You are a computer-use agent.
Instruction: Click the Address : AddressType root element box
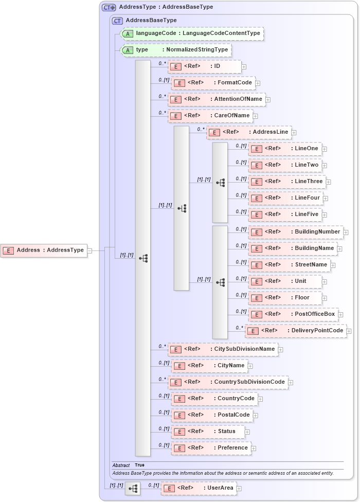44,250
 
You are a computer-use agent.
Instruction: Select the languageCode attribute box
191,34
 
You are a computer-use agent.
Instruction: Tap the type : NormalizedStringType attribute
175,50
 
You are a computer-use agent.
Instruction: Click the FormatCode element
212,83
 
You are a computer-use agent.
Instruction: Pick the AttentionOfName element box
216,99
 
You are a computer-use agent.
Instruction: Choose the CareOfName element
210,116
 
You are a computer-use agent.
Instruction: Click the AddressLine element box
249,132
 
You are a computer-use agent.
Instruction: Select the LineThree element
285,182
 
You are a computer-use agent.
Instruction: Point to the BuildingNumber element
295,232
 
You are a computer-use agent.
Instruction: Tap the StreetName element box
289,265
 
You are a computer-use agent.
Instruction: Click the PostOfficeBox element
293,314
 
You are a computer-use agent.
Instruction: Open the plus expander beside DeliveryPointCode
349,331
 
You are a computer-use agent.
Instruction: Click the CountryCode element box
214,399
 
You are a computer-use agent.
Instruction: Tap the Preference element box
211,448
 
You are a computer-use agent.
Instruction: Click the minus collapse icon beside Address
90,250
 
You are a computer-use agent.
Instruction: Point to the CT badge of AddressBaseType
118,21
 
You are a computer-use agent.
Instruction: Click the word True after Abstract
139,465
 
